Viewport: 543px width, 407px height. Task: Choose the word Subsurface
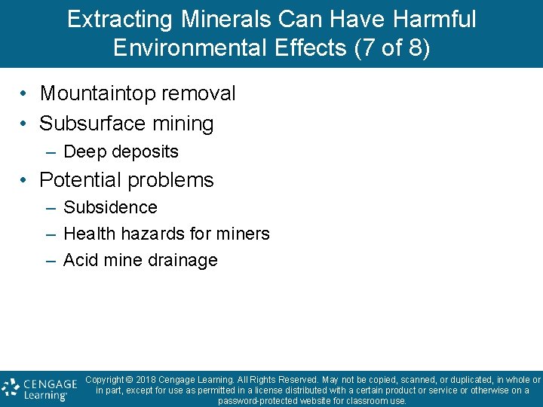click(89, 123)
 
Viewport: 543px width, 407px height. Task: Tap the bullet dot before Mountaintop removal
click(25, 94)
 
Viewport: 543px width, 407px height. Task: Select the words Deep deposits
click(121, 151)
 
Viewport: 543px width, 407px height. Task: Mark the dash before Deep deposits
click(50, 152)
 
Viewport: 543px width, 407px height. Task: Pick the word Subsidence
click(110, 207)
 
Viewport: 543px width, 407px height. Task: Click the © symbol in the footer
click(129, 380)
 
